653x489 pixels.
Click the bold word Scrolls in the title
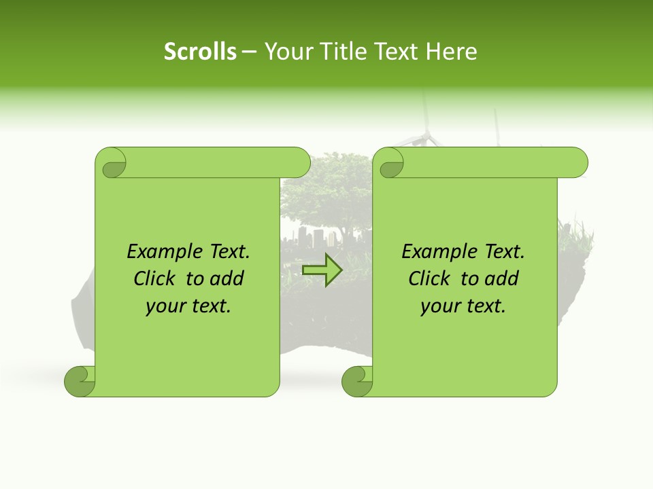[200, 52]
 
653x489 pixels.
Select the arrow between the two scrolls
[322, 270]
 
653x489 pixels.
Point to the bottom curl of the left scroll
[80, 382]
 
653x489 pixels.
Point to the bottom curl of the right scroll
[357, 382]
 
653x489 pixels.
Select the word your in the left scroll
[163, 306]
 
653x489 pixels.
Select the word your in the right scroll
[438, 306]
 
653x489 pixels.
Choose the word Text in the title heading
[396, 52]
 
